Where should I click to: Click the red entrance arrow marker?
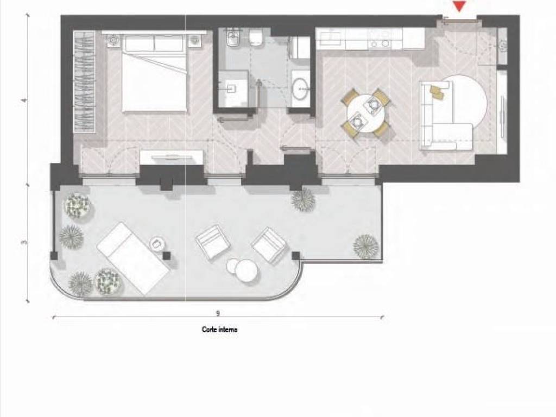click(x=459, y=6)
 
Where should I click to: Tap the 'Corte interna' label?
click(x=219, y=330)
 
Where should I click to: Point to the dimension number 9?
click(x=218, y=313)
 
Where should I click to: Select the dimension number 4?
click(x=24, y=100)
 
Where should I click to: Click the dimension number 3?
click(x=24, y=243)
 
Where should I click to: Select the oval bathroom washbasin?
click(x=301, y=87)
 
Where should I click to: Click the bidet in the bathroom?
click(x=232, y=39)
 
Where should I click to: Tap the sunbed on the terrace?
click(x=134, y=258)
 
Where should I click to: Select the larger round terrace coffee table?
click(x=247, y=270)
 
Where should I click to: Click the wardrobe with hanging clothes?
click(x=85, y=82)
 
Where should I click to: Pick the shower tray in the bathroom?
click(x=232, y=89)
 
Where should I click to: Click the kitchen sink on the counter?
click(x=331, y=39)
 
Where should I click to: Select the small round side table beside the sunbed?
click(x=157, y=244)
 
